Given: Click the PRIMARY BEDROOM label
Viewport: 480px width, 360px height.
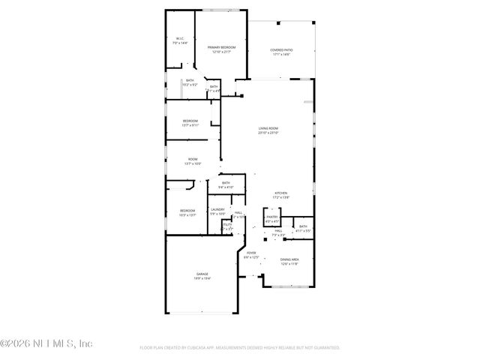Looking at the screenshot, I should point(221,47).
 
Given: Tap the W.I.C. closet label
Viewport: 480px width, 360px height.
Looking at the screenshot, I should point(180,39).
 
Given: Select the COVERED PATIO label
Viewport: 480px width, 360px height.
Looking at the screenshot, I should point(282,50).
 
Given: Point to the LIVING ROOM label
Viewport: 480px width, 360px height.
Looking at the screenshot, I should point(268,128).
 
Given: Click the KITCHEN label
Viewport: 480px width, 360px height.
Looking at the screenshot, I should point(280,193).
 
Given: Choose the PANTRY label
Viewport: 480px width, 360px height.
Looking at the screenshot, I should point(271,217).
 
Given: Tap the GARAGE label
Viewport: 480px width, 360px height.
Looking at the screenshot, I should point(202,274).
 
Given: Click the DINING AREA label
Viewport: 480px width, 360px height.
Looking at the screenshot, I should point(289,259).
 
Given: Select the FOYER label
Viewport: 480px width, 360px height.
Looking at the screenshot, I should point(251,253).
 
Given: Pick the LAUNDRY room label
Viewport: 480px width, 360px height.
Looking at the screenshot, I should point(217,209).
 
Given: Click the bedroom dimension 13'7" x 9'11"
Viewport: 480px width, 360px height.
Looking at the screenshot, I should point(190,125).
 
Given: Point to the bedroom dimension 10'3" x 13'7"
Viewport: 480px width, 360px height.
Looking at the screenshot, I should point(187,214).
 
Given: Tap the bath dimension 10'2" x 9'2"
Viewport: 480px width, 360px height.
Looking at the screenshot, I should point(190,85).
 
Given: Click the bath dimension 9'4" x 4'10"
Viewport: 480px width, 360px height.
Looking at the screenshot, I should point(226,187).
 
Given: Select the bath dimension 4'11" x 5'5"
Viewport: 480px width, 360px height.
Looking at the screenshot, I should point(303,230).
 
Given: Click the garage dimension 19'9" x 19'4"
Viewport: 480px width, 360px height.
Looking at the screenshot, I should point(202,278).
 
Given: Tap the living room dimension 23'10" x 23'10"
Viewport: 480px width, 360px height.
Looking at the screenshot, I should point(268,133).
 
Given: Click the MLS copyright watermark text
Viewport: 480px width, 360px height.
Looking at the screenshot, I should point(46,343).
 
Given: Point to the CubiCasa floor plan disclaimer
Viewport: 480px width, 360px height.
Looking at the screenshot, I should point(240,348).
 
